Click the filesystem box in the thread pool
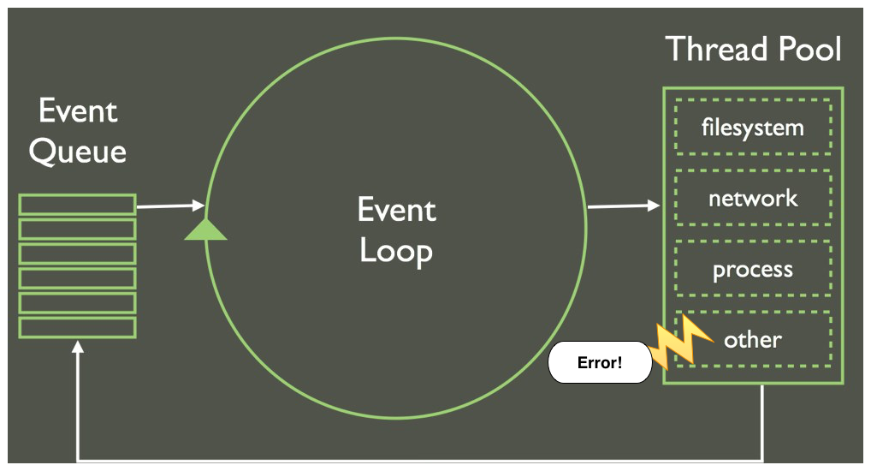pos(753,128)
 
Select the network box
pos(753,199)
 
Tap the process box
pos(753,270)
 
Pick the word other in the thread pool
pos(753,340)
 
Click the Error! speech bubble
pos(600,363)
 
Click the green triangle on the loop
pos(205,230)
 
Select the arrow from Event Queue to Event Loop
pos(169,206)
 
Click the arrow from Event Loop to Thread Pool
pos(624,206)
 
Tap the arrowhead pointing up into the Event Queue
pos(78,348)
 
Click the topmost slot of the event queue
pos(77,204)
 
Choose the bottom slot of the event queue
pos(77,328)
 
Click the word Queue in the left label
pos(78,152)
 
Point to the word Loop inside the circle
pos(396,251)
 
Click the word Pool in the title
pos(809,49)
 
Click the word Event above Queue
pos(78,111)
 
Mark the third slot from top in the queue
pos(77,253)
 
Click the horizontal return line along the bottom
pos(419,461)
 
